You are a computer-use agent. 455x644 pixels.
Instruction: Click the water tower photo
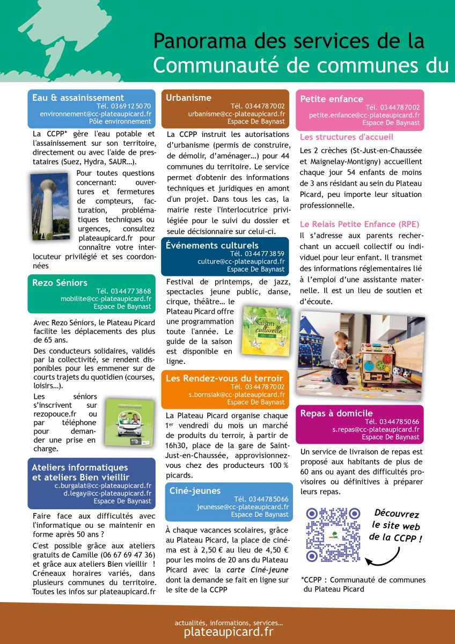tap(49, 206)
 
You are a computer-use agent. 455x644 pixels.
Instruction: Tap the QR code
tap(333, 534)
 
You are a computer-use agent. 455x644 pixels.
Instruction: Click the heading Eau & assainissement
tap(78, 98)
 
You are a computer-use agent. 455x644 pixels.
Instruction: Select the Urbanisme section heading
tap(181, 98)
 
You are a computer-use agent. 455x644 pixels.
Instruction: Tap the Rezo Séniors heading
tap(60, 282)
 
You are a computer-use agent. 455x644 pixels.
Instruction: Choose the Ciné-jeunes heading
tap(195, 491)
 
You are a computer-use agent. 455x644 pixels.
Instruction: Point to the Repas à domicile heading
tap(336, 413)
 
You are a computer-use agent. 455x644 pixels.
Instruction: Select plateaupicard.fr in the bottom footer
tap(228, 632)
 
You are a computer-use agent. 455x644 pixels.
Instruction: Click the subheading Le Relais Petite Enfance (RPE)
tap(359, 224)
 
